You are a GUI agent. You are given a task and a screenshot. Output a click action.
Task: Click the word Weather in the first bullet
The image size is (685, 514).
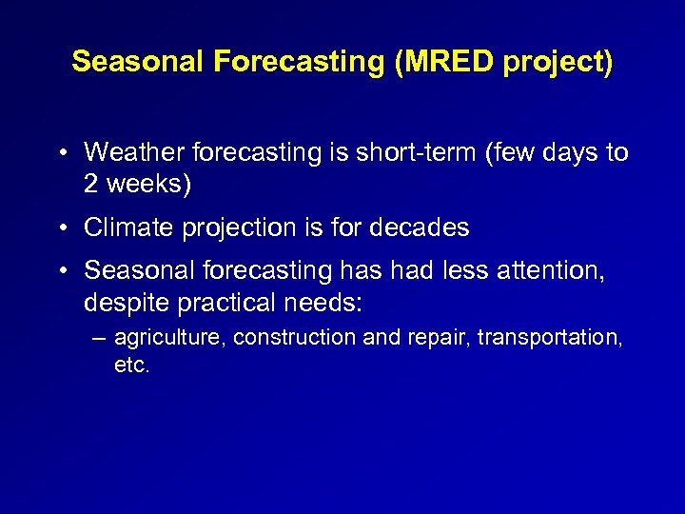tap(133, 152)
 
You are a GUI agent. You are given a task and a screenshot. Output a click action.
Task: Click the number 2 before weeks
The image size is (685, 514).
tap(91, 184)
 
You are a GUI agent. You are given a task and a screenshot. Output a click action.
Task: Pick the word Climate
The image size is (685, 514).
tap(125, 227)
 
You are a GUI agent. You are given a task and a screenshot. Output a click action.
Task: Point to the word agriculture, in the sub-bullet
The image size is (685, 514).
tap(169, 337)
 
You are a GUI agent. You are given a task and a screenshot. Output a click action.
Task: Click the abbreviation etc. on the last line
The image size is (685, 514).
tap(132, 365)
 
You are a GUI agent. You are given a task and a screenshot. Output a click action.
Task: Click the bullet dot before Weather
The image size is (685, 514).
tap(60, 153)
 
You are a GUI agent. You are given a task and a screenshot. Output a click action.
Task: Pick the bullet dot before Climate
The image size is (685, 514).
tap(60, 228)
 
